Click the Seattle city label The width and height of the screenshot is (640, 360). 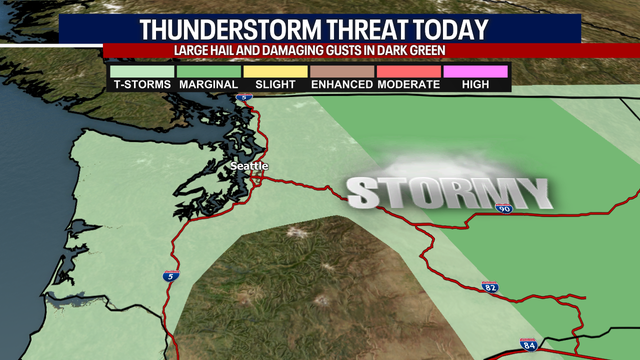click(250, 167)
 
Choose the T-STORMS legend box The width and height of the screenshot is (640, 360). click(141, 72)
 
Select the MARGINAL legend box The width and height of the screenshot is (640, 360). click(209, 72)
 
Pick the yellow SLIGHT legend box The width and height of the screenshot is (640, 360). click(275, 72)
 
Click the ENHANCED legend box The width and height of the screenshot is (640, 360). click(341, 72)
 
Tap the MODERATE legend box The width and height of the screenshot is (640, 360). click(408, 72)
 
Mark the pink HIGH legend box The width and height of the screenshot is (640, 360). click(475, 72)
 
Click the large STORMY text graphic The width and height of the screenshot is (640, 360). click(449, 193)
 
